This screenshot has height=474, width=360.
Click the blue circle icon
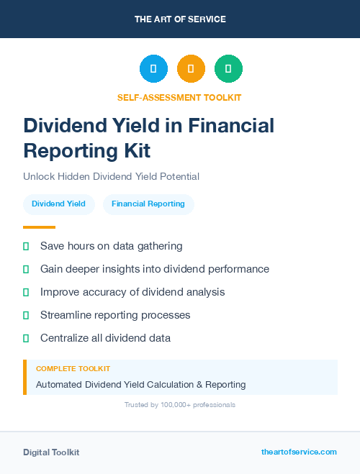pos(153,69)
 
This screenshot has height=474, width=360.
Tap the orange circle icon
pos(191,69)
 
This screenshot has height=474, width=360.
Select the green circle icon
pos(228,69)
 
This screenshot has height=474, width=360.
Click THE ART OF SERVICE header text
pos(180,19)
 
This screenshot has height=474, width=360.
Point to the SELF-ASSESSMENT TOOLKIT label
pos(179,97)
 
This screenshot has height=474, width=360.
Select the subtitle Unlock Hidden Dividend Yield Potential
pos(111,176)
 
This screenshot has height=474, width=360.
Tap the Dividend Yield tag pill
pos(58,204)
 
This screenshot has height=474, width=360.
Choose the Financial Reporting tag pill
pos(148,204)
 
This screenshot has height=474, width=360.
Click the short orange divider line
pos(39,227)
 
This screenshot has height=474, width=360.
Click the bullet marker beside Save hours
pos(26,246)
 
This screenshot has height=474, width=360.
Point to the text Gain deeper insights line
pos(154,269)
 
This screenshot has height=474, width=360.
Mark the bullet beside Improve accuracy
pos(26,292)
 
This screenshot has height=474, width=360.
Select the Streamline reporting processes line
pos(115,315)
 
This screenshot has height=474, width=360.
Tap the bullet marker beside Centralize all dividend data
pos(26,338)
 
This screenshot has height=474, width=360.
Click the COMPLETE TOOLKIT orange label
pos(73,368)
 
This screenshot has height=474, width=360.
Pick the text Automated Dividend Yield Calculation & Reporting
pos(140,384)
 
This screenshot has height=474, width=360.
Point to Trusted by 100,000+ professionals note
pos(180,405)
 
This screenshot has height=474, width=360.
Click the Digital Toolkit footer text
pos(51,452)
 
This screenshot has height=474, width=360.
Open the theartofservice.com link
pos(299,452)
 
